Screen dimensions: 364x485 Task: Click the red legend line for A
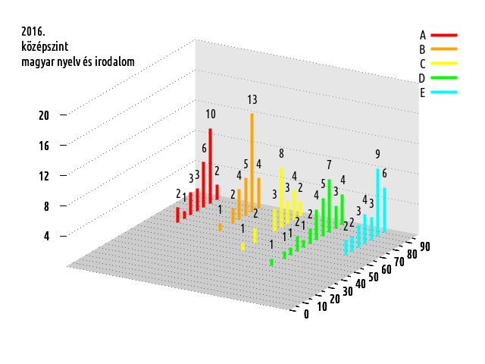point(446,35)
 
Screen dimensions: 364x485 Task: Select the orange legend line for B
point(446,49)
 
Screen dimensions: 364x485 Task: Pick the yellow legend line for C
point(446,64)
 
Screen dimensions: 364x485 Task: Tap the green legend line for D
point(446,78)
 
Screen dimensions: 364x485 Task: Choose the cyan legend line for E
point(446,93)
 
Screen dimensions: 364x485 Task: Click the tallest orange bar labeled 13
point(252,152)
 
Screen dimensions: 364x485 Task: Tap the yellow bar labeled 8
point(281,193)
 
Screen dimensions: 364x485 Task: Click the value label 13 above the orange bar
point(252,100)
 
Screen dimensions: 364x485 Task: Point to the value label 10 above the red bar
point(210,115)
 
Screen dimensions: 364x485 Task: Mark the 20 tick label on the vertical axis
point(44,115)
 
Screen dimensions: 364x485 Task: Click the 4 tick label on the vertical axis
point(46,236)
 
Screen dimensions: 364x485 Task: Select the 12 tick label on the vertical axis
point(44,176)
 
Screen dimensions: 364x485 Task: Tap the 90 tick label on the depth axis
point(425,246)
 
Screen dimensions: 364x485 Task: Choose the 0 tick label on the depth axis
point(306,315)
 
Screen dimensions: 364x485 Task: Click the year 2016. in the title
point(34,32)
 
